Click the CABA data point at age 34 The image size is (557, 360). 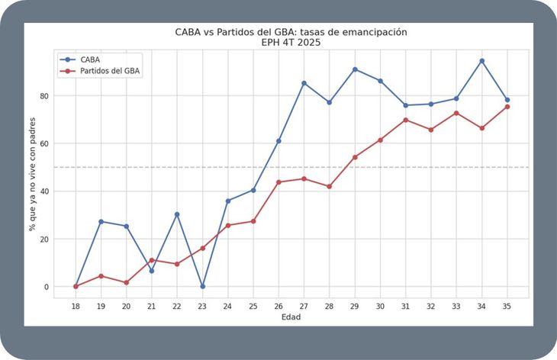[481, 61]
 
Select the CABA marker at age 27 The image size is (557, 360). [304, 83]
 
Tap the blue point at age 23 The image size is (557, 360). [202, 286]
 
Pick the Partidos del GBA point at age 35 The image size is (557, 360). [507, 107]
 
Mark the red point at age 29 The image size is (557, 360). [355, 157]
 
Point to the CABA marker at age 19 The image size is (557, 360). [101, 221]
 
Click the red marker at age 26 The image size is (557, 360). [278, 182]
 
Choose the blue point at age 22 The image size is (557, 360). [177, 214]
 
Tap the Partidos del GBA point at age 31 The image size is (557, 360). [406, 120]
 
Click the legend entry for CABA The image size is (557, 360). [80, 59]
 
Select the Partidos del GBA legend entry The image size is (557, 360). [100, 71]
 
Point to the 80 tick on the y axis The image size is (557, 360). [44, 96]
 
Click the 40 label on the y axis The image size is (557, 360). [44, 191]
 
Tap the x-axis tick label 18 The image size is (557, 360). [76, 306]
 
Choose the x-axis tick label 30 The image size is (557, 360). [380, 306]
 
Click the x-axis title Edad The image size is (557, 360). [291, 317]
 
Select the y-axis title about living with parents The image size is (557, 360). [32, 174]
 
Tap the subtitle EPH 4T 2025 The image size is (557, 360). [291, 43]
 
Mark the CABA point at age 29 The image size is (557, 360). [355, 69]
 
